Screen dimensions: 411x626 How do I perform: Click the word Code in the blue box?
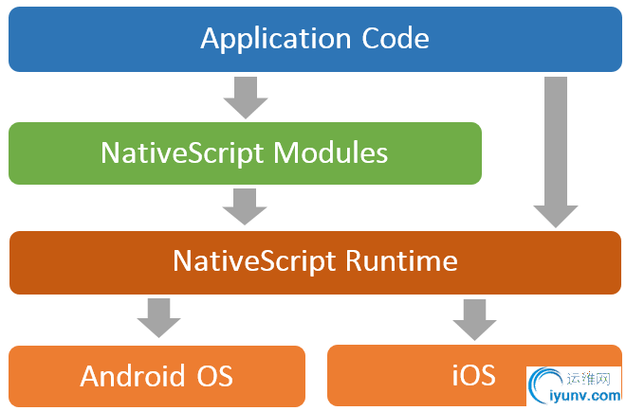point(396,40)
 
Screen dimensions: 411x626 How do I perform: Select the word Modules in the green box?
point(330,152)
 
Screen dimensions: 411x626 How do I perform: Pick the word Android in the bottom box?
point(129,376)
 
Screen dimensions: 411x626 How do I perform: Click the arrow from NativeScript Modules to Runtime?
point(246,205)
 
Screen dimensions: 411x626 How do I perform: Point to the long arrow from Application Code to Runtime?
point(556,152)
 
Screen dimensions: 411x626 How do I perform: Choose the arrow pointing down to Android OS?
point(157,318)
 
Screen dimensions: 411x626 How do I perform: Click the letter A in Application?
point(211,40)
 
